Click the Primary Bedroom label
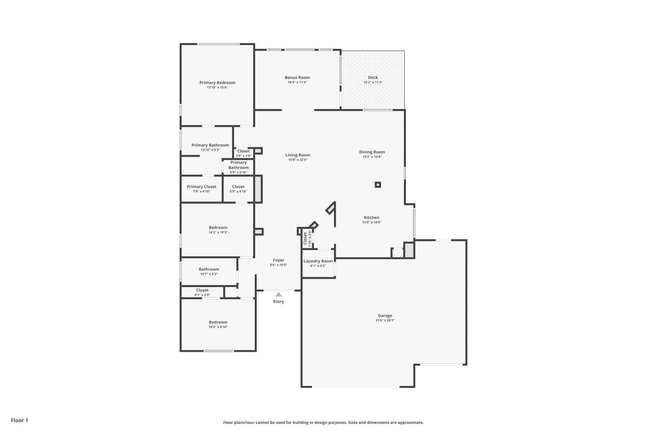point(217,82)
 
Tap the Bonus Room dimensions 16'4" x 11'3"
point(297,82)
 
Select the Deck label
point(373,77)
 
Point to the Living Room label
point(298,155)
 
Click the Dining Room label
point(372,152)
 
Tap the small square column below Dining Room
point(378,185)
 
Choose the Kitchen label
point(371,217)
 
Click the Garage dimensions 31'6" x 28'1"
point(385,320)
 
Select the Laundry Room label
point(318,261)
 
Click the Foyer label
point(278,260)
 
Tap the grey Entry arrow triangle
point(278,294)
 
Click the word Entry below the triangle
point(279,302)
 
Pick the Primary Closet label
point(201,186)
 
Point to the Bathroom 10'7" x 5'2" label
point(209,269)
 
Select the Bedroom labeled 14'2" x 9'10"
point(218,322)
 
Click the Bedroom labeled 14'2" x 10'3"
point(218,227)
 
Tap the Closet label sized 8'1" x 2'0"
point(202,290)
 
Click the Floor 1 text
point(19,420)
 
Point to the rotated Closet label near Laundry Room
point(305,238)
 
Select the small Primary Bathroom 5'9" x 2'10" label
point(238,165)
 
